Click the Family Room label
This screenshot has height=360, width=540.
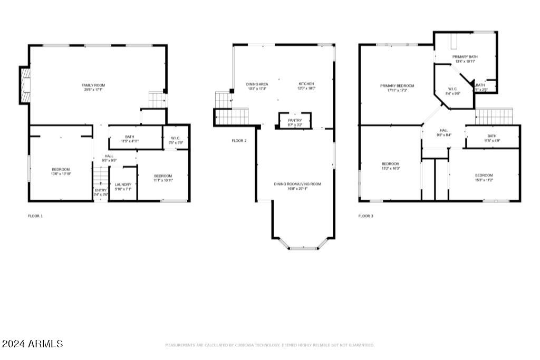[x=93, y=87]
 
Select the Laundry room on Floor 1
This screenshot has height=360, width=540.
[x=123, y=186]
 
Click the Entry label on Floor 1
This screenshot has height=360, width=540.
[x=100, y=192]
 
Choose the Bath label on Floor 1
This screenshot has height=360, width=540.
[x=129, y=139]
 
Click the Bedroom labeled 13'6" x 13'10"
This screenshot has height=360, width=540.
[x=61, y=171]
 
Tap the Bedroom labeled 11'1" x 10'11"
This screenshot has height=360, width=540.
[x=163, y=178]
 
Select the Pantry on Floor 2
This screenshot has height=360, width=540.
[x=295, y=122]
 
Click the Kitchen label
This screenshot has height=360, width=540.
[x=306, y=86]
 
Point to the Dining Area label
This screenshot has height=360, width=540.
[x=257, y=86]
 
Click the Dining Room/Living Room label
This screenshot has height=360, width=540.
[x=297, y=186]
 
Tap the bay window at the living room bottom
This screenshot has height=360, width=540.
[x=303, y=246]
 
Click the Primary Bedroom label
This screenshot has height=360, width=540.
[x=397, y=87]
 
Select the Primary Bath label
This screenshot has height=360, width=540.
[x=465, y=59]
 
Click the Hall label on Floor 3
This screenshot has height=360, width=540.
[x=444, y=132]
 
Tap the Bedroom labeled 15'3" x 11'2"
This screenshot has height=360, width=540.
[x=484, y=177]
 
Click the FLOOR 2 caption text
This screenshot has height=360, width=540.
[x=239, y=141]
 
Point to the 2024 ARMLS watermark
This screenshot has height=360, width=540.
[x=32, y=344]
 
